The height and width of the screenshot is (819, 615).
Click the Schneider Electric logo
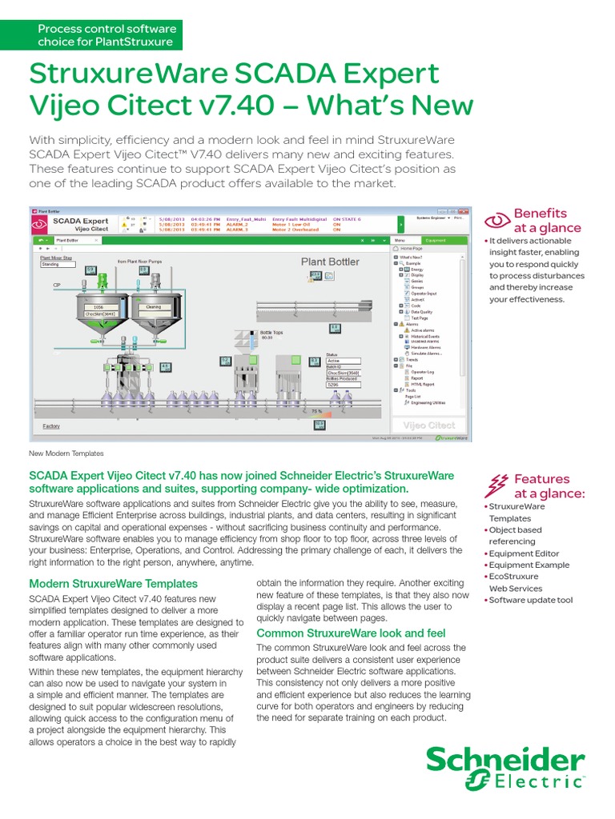[x=504, y=768]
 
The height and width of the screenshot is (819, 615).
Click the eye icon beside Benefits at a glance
[x=498, y=220]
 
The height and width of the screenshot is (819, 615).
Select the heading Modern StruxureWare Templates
[x=113, y=584]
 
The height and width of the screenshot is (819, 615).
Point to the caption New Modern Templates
[x=66, y=453]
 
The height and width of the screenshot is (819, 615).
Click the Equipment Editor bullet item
[x=524, y=553]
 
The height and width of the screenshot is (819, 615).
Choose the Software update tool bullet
[x=531, y=600]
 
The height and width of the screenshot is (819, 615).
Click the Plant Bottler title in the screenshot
[x=330, y=262]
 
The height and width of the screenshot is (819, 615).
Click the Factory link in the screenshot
[x=51, y=426]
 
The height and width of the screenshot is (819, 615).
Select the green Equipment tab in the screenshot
[x=436, y=240]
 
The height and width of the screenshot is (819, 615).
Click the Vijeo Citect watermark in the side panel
[x=429, y=425]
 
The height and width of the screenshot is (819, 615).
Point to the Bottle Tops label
[x=272, y=332]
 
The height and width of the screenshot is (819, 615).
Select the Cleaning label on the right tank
[x=154, y=306]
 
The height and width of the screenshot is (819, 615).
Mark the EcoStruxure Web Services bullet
[x=526, y=582]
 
